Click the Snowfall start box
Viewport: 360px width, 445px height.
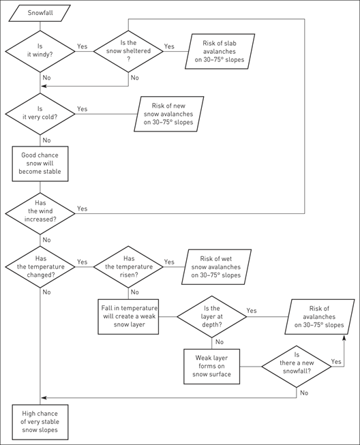[41, 14]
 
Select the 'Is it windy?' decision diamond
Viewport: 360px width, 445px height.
[41, 52]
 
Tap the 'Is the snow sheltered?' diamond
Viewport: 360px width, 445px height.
[128, 52]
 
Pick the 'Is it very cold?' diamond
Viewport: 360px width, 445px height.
[41, 113]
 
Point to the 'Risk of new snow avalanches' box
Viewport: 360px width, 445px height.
[166, 113]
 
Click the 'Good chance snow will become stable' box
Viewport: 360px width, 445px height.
[41, 162]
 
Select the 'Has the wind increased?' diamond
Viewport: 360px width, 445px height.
[41, 213]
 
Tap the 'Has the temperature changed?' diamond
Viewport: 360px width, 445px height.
[41, 266]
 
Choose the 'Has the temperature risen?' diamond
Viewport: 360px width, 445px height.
[128, 266]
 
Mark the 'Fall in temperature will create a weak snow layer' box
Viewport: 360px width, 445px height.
[128, 315]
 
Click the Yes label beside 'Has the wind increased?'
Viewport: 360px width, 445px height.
[82, 208]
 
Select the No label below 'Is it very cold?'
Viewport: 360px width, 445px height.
[46, 140]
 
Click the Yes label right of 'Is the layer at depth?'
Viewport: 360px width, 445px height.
[252, 310]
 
